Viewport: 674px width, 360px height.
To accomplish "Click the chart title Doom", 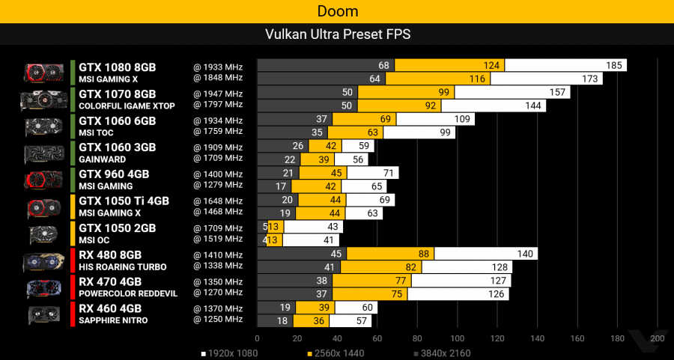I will click(337, 11).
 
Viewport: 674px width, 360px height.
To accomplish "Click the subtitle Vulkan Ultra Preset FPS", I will click(337, 34).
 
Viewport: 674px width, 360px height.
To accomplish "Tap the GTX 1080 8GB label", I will click(118, 67).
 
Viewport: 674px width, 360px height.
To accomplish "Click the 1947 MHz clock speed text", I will click(218, 94).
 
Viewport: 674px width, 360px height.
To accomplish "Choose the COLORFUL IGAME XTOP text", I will click(127, 106).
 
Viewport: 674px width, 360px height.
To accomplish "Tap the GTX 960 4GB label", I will click(114, 174).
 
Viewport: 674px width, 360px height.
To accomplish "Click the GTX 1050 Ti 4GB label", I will click(124, 201).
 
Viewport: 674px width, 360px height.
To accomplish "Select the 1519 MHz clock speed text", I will click(218, 239).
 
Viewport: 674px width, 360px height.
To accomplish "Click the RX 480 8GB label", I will click(110, 254).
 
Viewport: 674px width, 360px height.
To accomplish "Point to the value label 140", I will click(524, 254).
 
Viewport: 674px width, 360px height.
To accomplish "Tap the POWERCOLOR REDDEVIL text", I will click(128, 294).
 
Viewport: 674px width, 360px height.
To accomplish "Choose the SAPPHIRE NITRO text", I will click(113, 321).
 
